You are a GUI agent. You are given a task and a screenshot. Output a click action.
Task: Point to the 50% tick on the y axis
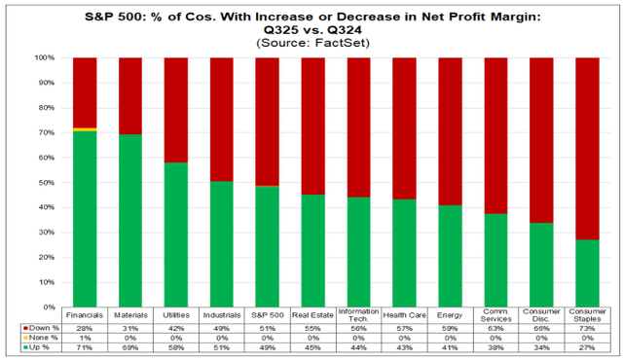(x=44, y=182)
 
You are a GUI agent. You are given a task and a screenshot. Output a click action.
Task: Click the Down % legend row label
(x=35, y=330)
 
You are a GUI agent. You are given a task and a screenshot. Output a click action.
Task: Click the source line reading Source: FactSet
(x=311, y=44)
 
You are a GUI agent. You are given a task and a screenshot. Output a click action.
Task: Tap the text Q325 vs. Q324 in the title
(x=311, y=29)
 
